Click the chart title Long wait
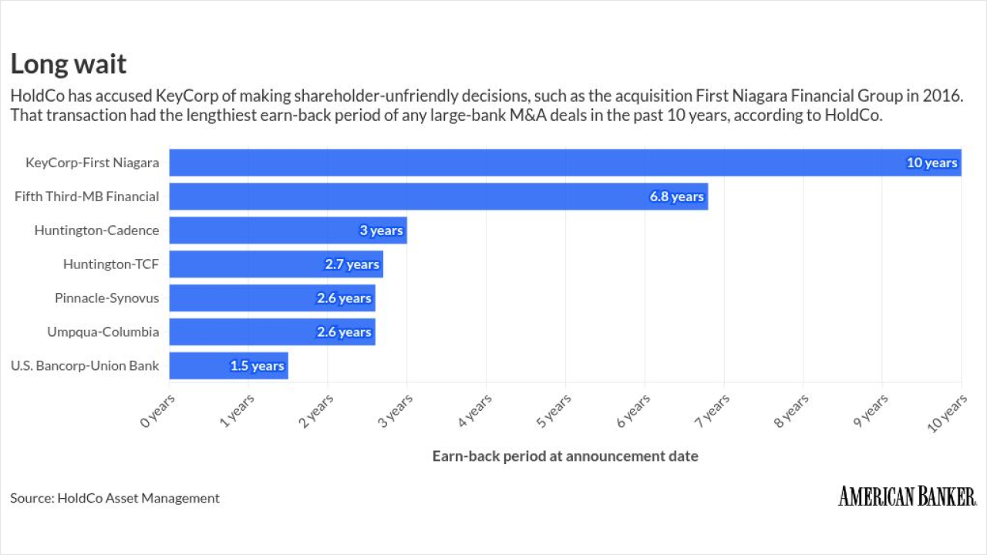[x=68, y=64]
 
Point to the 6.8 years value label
[x=676, y=197]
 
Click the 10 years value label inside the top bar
[x=931, y=163]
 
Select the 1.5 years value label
[x=257, y=365]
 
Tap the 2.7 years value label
[x=352, y=264]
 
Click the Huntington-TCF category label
[x=111, y=264]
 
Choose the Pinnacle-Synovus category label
[x=106, y=298]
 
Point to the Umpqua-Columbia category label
[x=103, y=332]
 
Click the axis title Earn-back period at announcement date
[x=565, y=456]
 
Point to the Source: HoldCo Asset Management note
[x=115, y=498]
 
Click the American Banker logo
[x=907, y=496]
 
